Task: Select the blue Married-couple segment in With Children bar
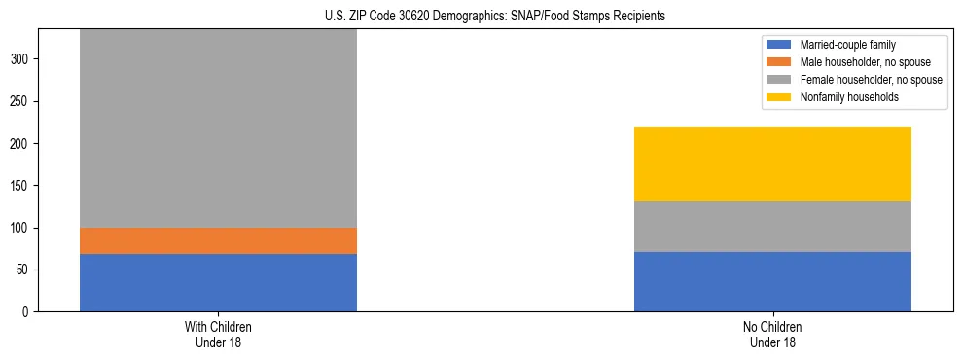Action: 218,282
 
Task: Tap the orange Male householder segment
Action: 218,240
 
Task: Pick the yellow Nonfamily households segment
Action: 772,164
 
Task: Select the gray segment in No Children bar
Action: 772,227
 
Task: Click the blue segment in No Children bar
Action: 772,281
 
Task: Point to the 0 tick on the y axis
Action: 27,312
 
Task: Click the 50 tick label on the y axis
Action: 24,270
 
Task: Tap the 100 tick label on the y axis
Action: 21,228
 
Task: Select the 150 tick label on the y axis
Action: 21,186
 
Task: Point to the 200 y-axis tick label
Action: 21,144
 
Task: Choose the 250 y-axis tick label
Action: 21,101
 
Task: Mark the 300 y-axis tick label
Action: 21,59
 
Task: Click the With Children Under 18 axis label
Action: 218,334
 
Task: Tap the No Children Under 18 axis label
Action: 772,334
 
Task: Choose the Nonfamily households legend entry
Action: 841,97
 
